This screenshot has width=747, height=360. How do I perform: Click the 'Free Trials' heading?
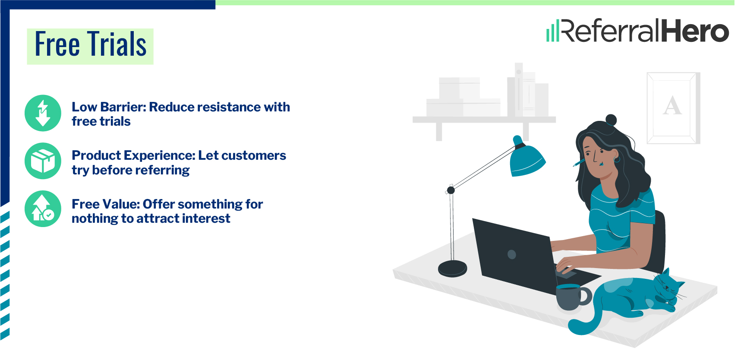(90, 45)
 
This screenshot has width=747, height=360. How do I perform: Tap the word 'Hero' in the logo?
(695, 31)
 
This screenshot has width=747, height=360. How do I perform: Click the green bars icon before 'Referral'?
(552, 31)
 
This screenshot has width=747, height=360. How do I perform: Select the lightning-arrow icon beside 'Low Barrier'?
(43, 113)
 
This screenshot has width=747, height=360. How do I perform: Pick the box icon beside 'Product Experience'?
(43, 161)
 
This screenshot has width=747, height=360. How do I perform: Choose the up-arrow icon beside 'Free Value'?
(43, 209)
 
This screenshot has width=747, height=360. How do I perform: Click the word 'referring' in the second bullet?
(162, 170)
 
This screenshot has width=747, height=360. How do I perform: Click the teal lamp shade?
(527, 160)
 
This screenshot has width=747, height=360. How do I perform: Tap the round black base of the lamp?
(452, 268)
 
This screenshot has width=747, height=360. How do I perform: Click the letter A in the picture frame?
(672, 106)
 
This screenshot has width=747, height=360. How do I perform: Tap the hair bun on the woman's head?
(611, 120)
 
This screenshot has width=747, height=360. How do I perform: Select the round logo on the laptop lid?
(512, 255)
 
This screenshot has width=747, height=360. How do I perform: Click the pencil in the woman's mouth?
(579, 163)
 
